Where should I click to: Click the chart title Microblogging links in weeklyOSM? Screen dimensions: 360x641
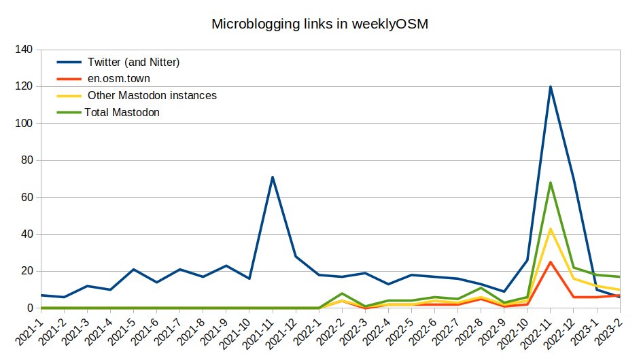click(x=320, y=24)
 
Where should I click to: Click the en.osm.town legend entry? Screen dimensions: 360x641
click(x=119, y=79)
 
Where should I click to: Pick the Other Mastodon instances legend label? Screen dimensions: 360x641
click(x=152, y=96)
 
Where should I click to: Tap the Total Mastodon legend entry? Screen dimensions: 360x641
click(x=122, y=113)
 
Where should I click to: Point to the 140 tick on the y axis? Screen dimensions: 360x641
click(x=24, y=50)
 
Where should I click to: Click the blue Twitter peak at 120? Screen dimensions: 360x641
click(x=551, y=86)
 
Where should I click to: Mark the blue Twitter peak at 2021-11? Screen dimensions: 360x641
click(x=272, y=177)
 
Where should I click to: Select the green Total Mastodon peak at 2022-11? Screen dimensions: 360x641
click(x=551, y=183)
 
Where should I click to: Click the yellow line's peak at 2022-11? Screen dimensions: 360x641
click(x=551, y=229)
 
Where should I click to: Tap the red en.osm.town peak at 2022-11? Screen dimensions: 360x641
click(x=551, y=262)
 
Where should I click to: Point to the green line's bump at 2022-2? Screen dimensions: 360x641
click(x=342, y=293)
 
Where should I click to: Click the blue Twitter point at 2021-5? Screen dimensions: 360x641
click(x=133, y=269)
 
